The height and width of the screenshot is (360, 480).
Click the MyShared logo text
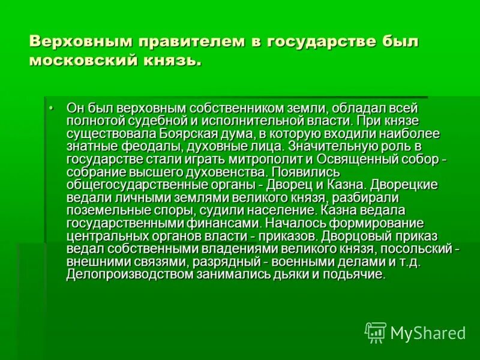point(428,332)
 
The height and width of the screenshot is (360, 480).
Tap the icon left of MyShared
point(376,332)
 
